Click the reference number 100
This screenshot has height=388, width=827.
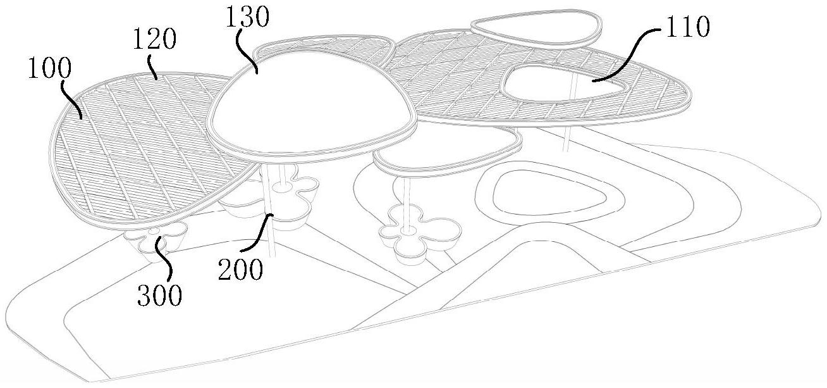[x=49, y=69]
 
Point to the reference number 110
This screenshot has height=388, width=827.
[x=687, y=27]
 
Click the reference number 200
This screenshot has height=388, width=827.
[x=240, y=270]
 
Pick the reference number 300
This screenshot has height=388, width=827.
[x=160, y=296]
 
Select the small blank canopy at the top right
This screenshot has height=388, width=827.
[x=536, y=28]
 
